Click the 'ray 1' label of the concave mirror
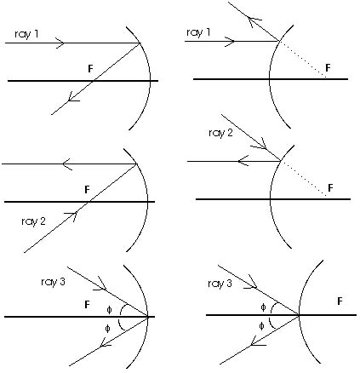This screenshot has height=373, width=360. coord(26,34)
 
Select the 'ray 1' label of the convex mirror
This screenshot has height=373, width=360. coord(198,32)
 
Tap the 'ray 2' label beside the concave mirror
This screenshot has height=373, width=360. coord(33,221)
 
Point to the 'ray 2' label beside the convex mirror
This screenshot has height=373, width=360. coord(220,133)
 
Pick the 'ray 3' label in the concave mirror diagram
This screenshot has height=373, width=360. coord(53,282)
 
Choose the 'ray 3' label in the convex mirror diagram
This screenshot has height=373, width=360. coord(220,284)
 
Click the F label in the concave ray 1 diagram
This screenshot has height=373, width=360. coord(90,69)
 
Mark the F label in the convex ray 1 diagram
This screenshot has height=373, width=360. coord(329,68)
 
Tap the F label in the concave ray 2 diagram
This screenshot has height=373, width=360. coord(87,190)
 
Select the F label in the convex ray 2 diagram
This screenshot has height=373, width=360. coord(330,188)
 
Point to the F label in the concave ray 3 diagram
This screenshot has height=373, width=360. coord(87,305)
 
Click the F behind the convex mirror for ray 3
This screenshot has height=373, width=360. coord(340,301)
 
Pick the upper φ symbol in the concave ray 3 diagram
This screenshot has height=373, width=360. coord(109,309)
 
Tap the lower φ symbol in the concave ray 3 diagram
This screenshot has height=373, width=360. coord(107,329)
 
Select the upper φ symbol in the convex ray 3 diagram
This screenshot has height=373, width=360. coord(263,307)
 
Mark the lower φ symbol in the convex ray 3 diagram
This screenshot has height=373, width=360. coord(261,326)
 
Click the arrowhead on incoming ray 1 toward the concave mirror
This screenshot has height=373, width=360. coord(60,43)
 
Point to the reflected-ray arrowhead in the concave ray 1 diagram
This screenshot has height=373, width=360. coord(73,97)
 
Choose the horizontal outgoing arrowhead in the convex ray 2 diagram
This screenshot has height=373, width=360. coord(243,161)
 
